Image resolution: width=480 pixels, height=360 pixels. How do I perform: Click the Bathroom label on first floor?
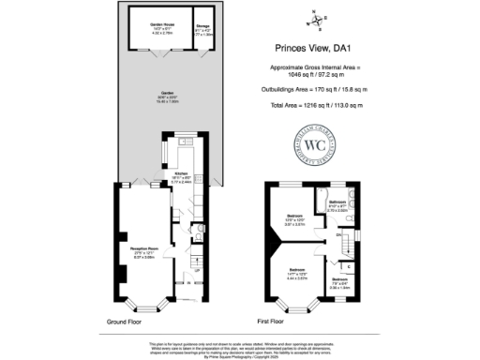[x=338, y=202]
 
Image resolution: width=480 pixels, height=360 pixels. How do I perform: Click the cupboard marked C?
[x=349, y=266]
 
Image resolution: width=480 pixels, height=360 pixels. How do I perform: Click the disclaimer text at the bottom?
[x=239, y=348]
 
